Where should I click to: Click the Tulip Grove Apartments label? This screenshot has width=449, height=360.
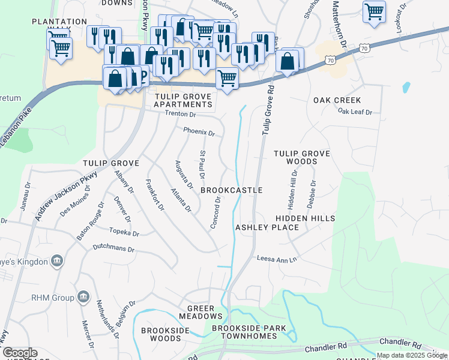pos(182,100)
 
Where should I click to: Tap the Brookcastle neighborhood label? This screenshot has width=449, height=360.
pos(231,190)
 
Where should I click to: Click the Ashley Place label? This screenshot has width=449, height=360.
pos(267,227)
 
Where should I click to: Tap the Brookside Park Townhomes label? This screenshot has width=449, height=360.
pos(249,333)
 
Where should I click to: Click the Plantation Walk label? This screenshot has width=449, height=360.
pos(59,26)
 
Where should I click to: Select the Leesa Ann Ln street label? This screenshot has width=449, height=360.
pos(277,259)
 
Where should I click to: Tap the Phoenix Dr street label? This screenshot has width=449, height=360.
pos(199,131)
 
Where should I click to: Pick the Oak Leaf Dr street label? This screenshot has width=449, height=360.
pos(355,112)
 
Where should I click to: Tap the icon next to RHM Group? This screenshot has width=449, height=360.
pos(83,296)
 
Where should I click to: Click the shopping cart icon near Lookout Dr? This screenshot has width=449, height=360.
pos(374,11)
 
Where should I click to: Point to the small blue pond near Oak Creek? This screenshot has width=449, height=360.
pos(406,87)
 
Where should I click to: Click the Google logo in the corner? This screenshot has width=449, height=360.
pos(19,353)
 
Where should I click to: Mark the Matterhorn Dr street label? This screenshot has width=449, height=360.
pos(340,24)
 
